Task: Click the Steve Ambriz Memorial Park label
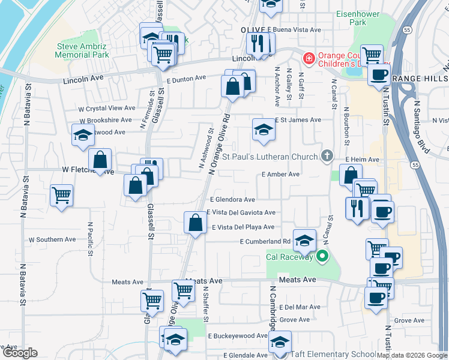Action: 82,50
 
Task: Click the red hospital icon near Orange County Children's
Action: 309,59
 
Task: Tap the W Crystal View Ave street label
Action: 107,109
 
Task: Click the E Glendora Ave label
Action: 232,200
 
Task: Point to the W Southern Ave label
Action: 52,239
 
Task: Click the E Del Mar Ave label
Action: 299,307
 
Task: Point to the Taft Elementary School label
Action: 333,354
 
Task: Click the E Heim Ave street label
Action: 363,160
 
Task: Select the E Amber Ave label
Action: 280,174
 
